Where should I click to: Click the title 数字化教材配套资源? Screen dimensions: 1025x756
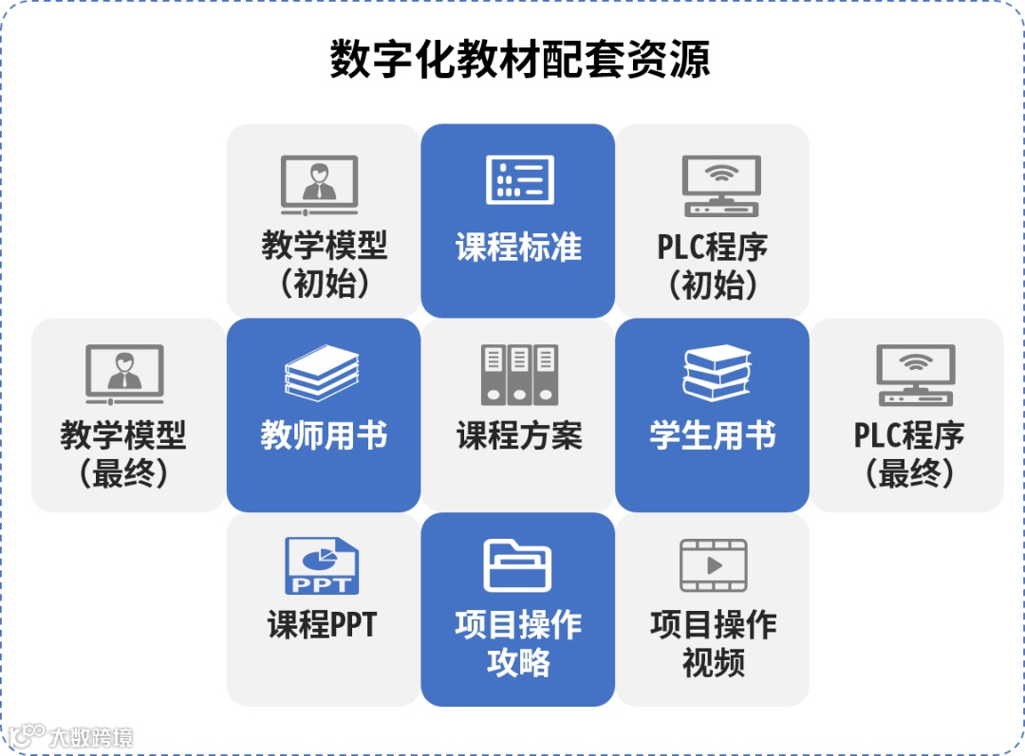coord(519,60)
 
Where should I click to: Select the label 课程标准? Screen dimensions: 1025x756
coord(518,248)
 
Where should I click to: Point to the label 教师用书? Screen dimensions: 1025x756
coord(324,436)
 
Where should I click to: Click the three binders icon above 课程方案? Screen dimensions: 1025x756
coord(518,374)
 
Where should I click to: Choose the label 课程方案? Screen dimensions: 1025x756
coord(518,436)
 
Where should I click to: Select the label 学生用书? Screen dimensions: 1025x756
coord(713,436)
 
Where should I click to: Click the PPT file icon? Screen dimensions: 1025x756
coord(322,566)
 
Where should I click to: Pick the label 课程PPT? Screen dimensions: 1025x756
coord(323,625)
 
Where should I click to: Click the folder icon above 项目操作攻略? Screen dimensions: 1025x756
coord(517,565)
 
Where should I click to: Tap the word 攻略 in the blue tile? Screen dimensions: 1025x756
coord(518,663)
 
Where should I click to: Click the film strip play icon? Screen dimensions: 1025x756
coord(714,565)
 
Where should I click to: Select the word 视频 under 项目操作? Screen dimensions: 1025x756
coord(714,663)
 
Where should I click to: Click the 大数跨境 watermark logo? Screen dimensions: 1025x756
coord(71,736)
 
